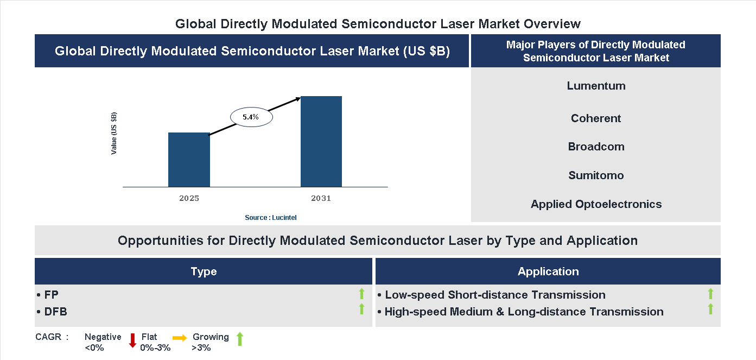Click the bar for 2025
pyautogui.click(x=189, y=160)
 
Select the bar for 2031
pyautogui.click(x=321, y=142)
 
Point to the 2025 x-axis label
pyautogui.click(x=189, y=198)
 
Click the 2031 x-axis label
pyautogui.click(x=321, y=198)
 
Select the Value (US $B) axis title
pyautogui.click(x=114, y=134)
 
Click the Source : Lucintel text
pyautogui.click(x=270, y=217)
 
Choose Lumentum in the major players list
pyautogui.click(x=596, y=86)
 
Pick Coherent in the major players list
pyautogui.click(x=596, y=118)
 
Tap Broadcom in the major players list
pyautogui.click(x=596, y=147)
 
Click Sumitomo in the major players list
pyautogui.click(x=596, y=175)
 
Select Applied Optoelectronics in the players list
pyautogui.click(x=596, y=204)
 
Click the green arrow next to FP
pyautogui.click(x=361, y=294)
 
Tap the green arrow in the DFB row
pyautogui.click(x=361, y=309)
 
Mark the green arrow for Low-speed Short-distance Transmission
pyautogui.click(x=710, y=294)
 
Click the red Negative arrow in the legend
pyautogui.click(x=132, y=340)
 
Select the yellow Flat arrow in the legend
pyautogui.click(x=180, y=338)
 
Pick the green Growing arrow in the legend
pyautogui.click(x=240, y=339)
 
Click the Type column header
pyautogui.click(x=204, y=271)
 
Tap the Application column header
pyautogui.click(x=548, y=271)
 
